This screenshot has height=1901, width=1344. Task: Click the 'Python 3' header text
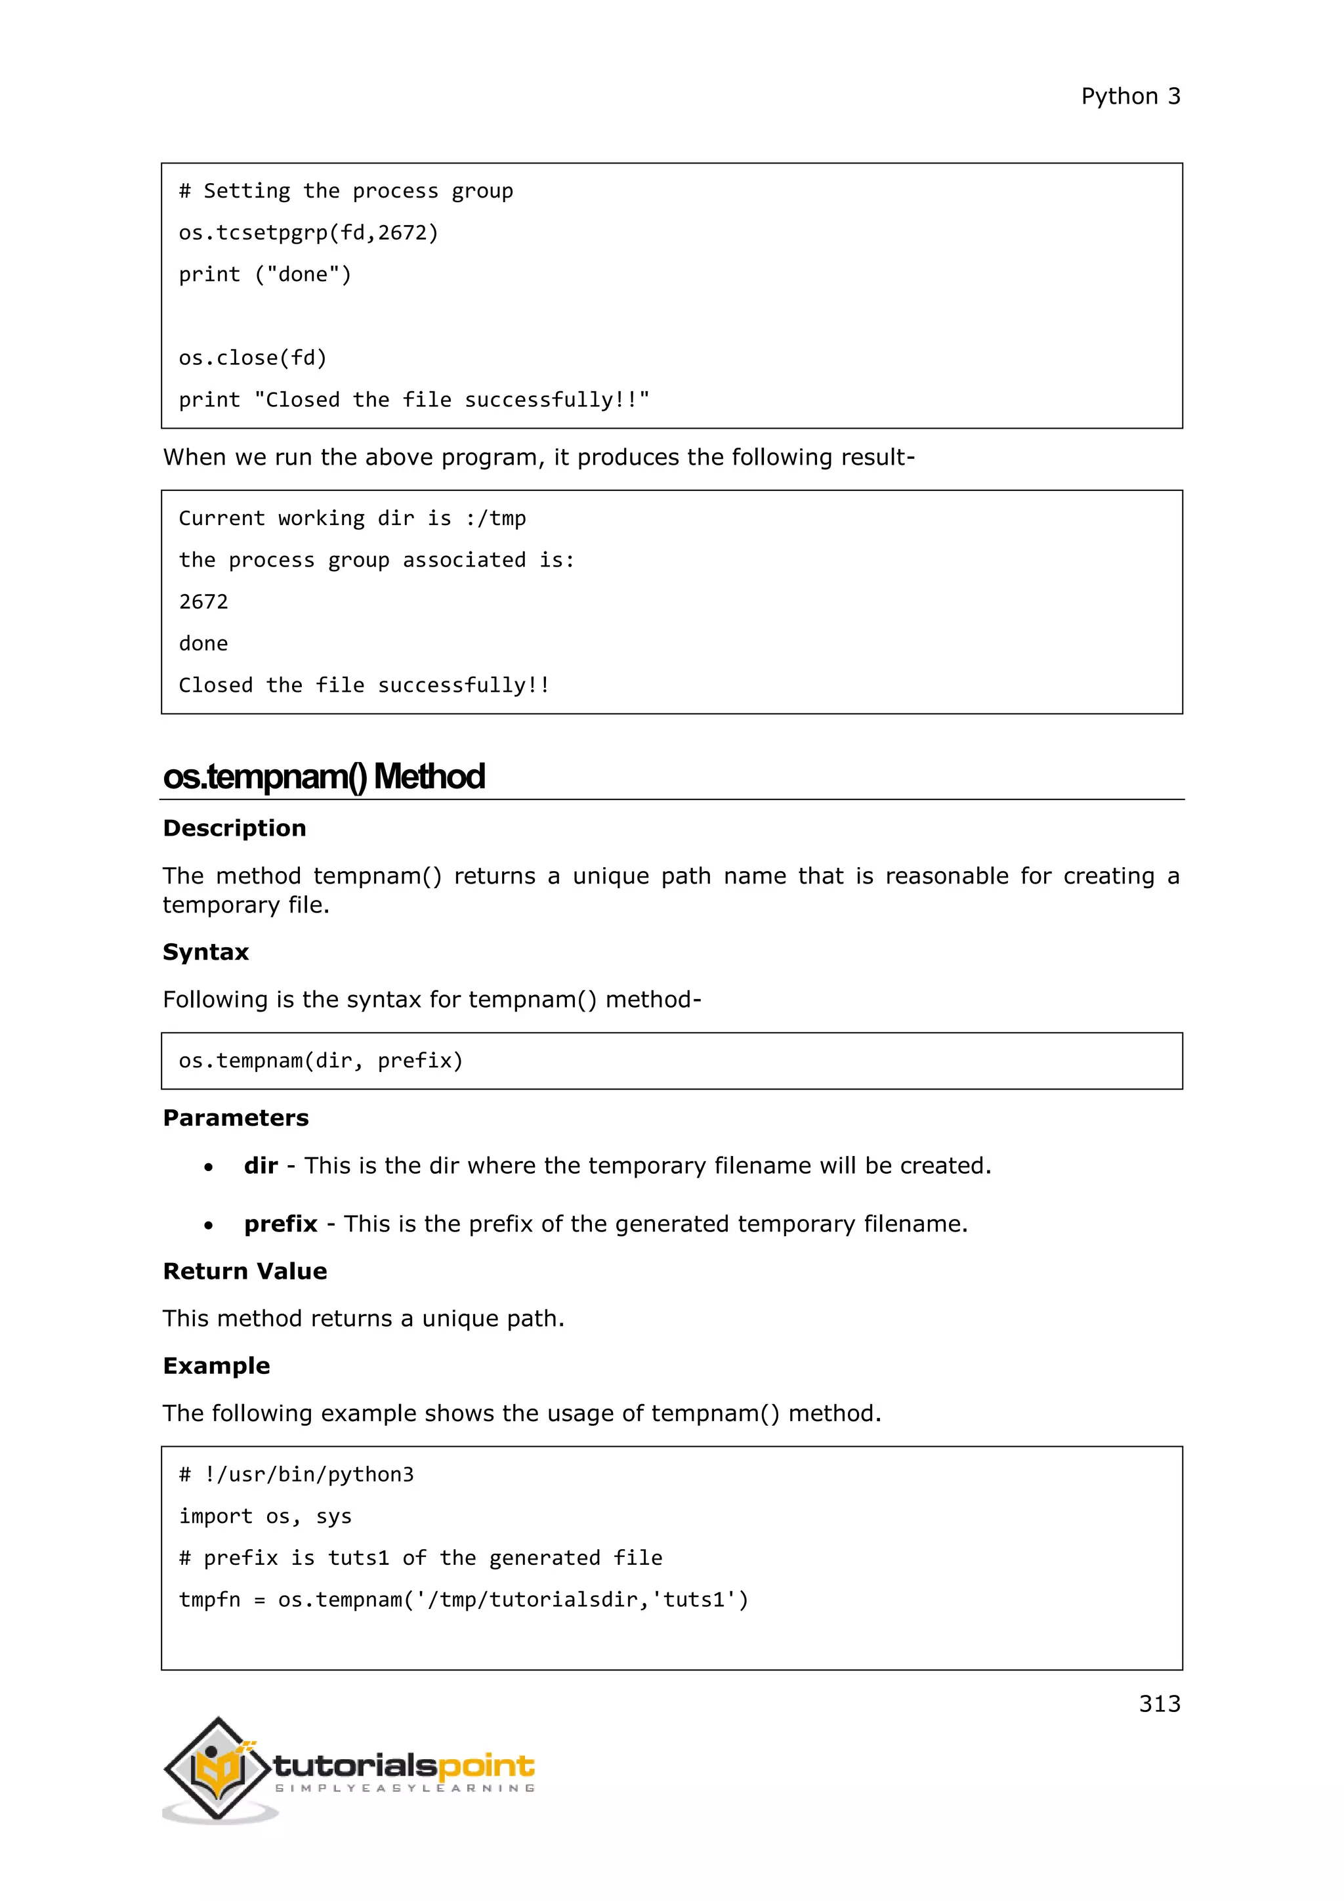1131,96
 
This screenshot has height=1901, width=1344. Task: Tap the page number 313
1159,1703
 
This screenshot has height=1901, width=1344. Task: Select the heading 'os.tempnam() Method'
324,777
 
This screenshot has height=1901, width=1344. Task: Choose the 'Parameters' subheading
235,1118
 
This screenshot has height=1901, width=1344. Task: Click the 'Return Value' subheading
244,1271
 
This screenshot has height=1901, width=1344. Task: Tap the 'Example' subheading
216,1365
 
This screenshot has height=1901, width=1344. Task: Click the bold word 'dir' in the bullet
261,1166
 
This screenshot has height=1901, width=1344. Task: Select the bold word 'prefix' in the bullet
281,1224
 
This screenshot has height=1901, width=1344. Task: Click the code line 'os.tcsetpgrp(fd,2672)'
308,232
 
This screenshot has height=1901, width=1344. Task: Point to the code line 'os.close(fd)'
253,358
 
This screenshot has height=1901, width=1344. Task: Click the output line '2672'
203,602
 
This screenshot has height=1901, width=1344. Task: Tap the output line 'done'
203,643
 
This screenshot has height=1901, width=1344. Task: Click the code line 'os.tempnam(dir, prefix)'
320,1061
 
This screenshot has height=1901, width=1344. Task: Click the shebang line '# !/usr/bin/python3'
295,1474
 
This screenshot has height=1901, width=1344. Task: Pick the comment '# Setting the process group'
345,191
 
